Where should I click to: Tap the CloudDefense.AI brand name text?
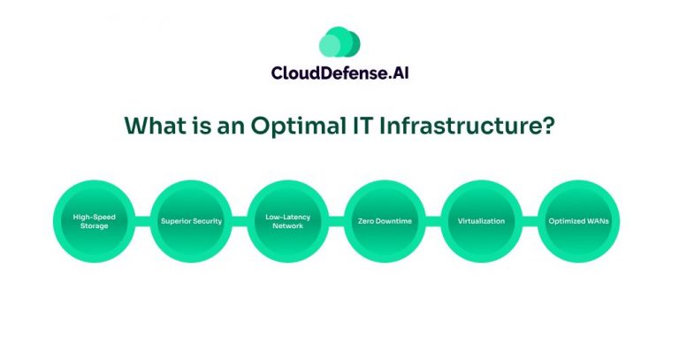click(x=339, y=74)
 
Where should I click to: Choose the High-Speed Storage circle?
click(x=95, y=221)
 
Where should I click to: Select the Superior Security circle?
click(x=191, y=221)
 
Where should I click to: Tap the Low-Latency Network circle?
click(x=288, y=221)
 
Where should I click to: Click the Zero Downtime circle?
click(x=385, y=221)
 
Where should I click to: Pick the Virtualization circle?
click(x=482, y=221)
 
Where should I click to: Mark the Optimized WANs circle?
click(x=579, y=221)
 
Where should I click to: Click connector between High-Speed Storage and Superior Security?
click(x=143, y=221)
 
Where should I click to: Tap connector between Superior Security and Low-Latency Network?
click(x=240, y=221)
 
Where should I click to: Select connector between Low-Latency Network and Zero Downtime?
click(x=337, y=221)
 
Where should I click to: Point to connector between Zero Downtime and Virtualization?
click(x=433, y=221)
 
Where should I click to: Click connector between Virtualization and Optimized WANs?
click(x=530, y=221)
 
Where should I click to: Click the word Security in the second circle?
click(x=206, y=221)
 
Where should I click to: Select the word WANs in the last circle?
click(x=598, y=221)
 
